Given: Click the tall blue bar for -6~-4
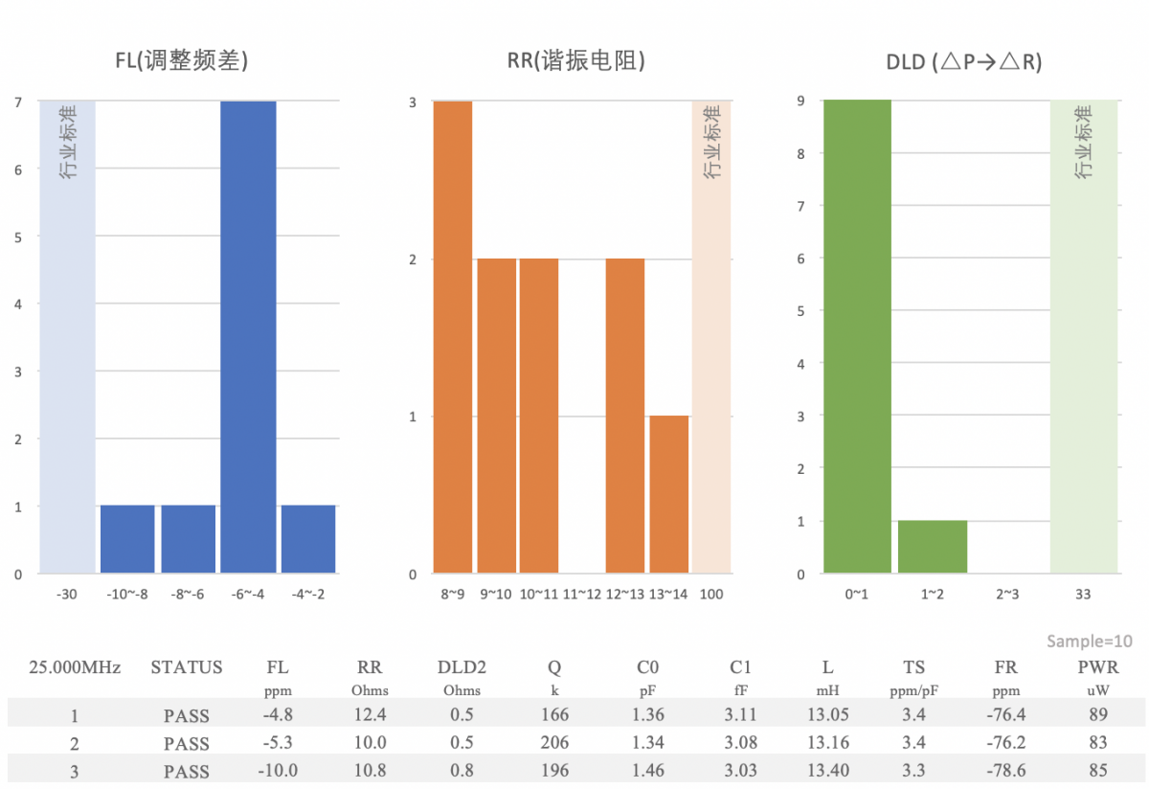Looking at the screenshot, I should (248, 337).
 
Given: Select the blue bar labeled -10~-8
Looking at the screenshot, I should (127, 539).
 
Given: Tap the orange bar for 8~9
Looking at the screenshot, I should (453, 337).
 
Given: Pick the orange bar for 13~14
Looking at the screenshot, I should (669, 494).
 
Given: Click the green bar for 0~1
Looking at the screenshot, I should (857, 337).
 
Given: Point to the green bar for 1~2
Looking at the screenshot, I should (933, 547).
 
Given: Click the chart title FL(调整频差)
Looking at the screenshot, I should (182, 62).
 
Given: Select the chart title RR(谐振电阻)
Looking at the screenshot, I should (576, 62).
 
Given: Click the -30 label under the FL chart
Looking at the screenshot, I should (66, 595).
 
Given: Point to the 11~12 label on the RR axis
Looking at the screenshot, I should (582, 595).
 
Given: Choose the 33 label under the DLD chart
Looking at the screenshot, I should (1083, 595).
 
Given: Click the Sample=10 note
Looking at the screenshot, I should (1090, 642).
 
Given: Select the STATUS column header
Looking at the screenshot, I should (187, 667).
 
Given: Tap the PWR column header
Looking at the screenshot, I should (1098, 667).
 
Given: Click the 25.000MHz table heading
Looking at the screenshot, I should (75, 667).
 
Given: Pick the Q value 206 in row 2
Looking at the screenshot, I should (554, 743).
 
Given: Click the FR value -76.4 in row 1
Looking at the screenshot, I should (1005, 715).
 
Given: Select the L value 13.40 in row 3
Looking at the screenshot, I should (827, 771).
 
